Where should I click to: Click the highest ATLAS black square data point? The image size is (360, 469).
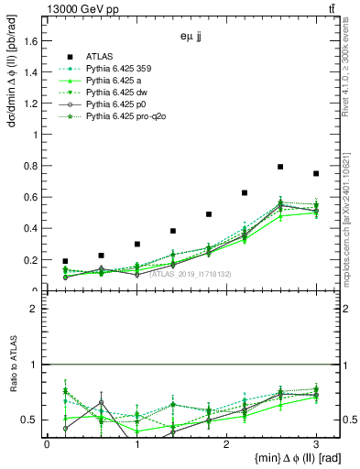(x=280, y=167)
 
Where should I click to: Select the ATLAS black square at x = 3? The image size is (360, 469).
(x=316, y=173)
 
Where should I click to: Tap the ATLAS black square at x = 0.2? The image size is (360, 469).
(x=65, y=261)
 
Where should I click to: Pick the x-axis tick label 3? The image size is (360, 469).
(x=316, y=443)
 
